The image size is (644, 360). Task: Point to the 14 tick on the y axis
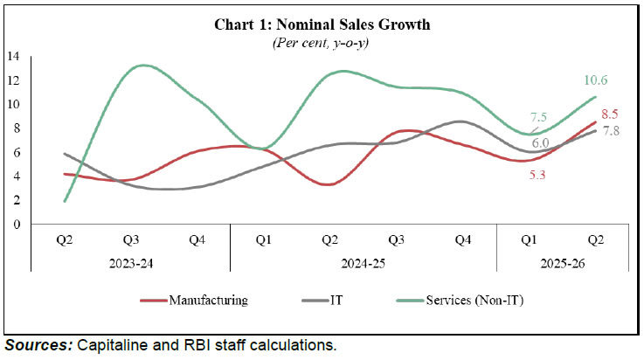pos(13,57)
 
